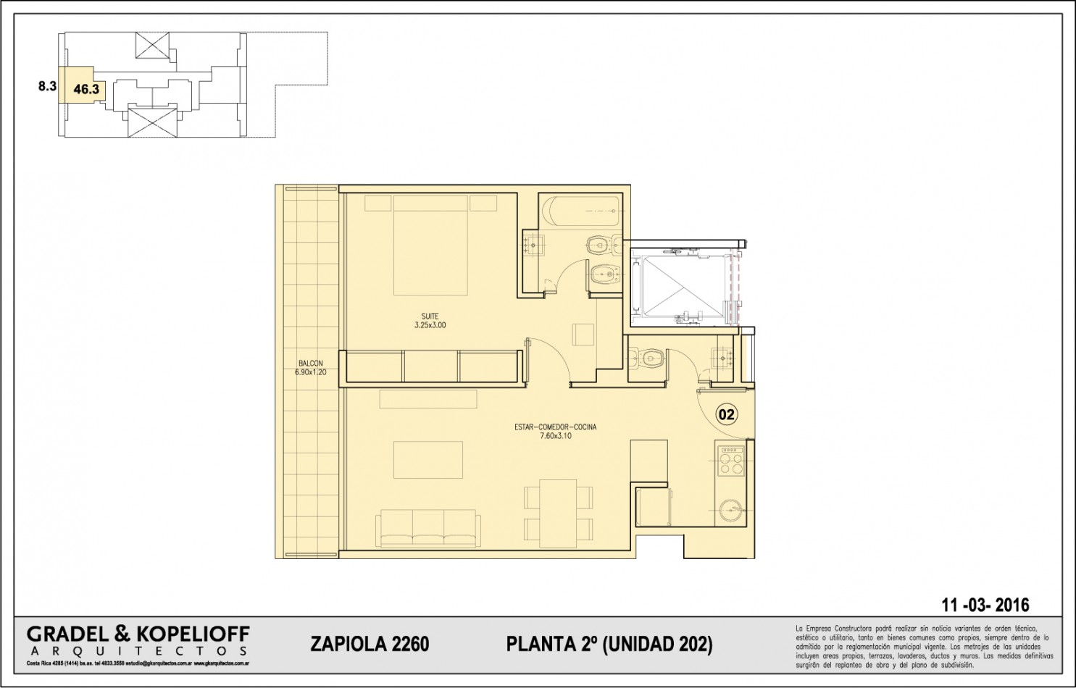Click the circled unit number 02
point(726,414)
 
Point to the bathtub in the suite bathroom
point(583,211)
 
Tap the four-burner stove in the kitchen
point(730,461)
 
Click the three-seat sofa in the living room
point(428,528)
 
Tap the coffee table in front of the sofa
point(428,460)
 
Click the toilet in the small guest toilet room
point(647,358)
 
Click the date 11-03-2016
point(985,605)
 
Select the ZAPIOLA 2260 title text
point(370,644)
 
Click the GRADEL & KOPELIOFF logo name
point(138,635)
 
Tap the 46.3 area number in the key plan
point(86,89)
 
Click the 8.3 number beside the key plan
point(47,86)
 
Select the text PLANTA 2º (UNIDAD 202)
point(609,644)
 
